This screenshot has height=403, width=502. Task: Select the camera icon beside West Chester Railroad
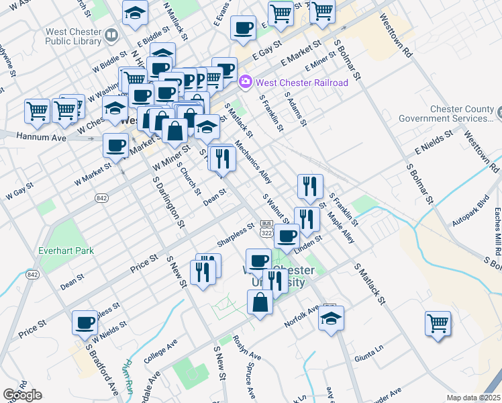[246, 83]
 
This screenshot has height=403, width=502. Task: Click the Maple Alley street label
[342, 227]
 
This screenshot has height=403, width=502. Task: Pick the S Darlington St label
[168, 201]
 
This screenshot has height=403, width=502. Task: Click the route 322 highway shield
[267, 232]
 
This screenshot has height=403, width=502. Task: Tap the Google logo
[22, 395]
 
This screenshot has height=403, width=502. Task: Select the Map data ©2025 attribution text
[472, 398]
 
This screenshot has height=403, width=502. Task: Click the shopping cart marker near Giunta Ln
[438, 323]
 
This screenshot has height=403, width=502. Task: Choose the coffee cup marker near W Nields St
[85, 323]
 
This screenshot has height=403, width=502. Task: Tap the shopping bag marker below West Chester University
[260, 302]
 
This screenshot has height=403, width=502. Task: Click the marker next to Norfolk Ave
[331, 318]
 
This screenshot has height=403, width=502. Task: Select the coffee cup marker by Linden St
[287, 236]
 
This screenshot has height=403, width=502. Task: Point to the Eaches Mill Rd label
[496, 232]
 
